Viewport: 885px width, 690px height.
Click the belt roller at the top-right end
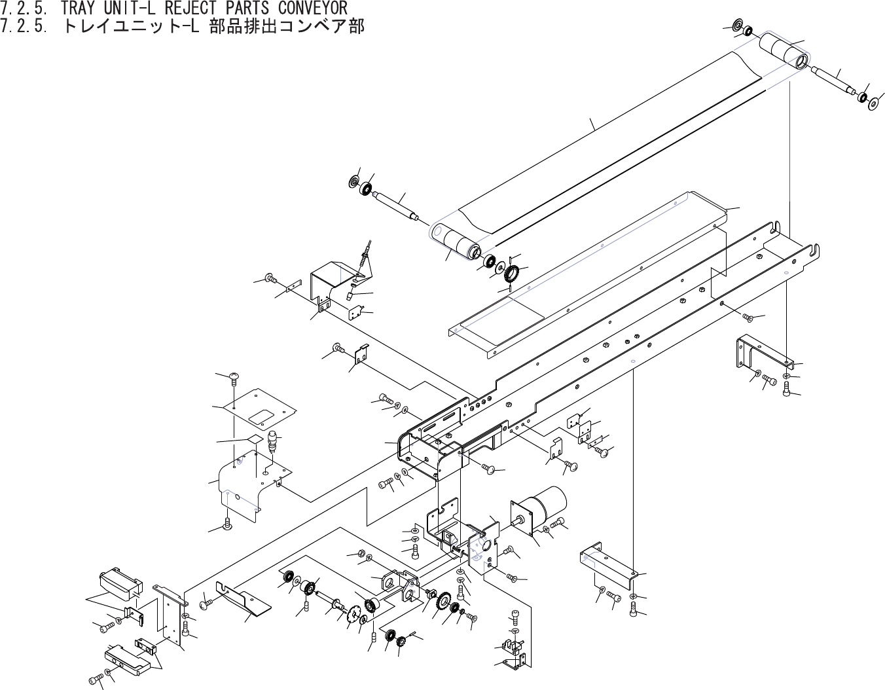[783, 51]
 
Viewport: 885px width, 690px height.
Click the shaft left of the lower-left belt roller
[397, 204]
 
